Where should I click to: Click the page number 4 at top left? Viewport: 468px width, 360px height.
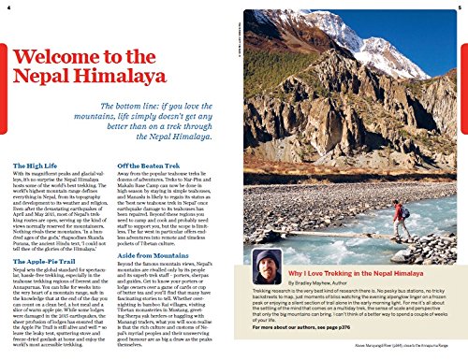(x=11, y=8)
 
